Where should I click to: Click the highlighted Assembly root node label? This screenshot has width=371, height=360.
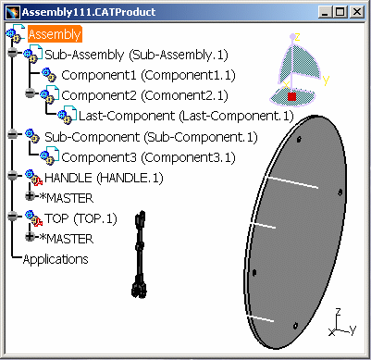coord(55,34)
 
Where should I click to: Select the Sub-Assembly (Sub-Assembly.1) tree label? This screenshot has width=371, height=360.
coord(136,55)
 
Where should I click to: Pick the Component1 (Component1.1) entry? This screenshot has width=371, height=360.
coord(148,75)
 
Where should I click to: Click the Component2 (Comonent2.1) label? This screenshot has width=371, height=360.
coord(144,95)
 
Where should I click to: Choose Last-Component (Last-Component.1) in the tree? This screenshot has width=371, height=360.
coord(186,116)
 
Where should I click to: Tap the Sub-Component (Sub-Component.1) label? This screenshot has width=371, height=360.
coord(151,137)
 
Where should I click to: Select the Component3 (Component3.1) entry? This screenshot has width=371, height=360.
coord(148,157)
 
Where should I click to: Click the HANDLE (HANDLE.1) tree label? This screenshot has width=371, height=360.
coord(104,178)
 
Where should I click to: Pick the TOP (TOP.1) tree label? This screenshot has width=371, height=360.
coord(80,218)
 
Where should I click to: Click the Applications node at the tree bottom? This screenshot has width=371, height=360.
coord(56,259)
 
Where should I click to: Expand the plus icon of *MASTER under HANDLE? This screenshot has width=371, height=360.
coord(30,195)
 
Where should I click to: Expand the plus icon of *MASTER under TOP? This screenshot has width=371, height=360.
coord(30,236)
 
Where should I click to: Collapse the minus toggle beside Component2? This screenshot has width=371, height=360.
coord(30,93)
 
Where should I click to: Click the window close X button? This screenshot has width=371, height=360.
coord(357,12)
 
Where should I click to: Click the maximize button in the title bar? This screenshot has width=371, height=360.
coord(340,12)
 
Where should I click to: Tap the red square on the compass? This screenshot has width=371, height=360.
coord(291,96)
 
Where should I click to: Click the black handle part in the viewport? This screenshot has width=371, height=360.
coord(140,254)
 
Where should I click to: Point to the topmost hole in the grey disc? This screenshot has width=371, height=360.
coord(299,140)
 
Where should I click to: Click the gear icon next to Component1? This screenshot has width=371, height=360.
coord(49,75)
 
